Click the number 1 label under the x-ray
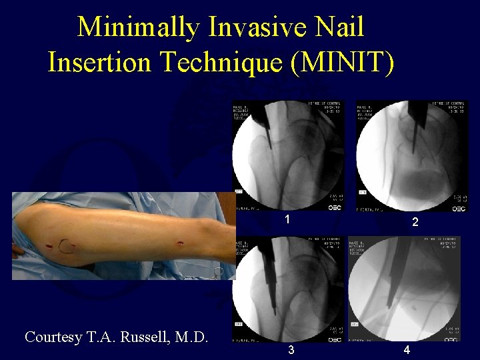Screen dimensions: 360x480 click(x=287, y=219)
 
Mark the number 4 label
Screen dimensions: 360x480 click(x=406, y=350)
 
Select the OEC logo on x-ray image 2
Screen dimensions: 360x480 click(x=459, y=209)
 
